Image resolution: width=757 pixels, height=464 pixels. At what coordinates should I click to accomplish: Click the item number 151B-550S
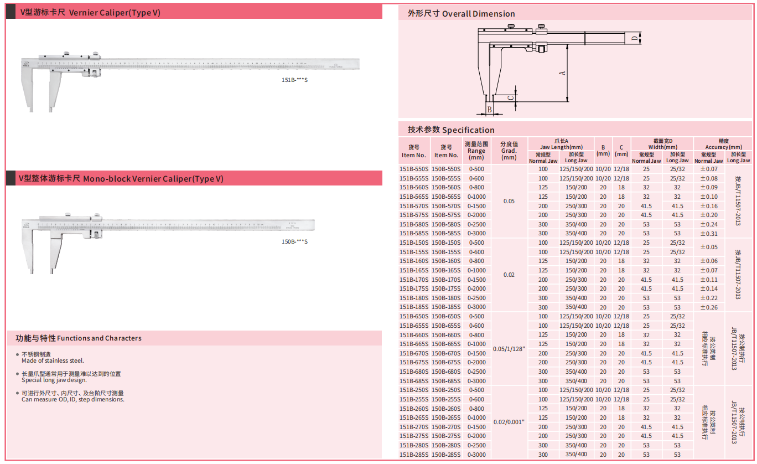[x=414, y=169]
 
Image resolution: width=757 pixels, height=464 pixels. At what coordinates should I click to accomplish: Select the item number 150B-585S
[x=445, y=233]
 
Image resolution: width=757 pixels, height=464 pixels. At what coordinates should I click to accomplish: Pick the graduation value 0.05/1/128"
[x=509, y=349]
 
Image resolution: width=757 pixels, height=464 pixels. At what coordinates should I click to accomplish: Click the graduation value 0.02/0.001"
[x=509, y=422]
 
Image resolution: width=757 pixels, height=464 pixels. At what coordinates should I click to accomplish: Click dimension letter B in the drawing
[x=489, y=110]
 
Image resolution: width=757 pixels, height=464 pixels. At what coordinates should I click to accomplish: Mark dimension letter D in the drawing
[x=634, y=38]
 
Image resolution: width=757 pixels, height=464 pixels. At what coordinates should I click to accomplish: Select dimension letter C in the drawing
[x=512, y=97]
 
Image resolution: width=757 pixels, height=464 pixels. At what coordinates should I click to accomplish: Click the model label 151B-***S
[x=294, y=80]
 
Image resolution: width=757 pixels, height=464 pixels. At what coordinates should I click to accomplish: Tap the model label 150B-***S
[x=294, y=241]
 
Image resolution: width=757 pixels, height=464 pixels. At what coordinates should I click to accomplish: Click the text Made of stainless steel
[x=53, y=360]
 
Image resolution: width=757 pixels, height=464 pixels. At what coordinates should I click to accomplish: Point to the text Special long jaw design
[x=54, y=380]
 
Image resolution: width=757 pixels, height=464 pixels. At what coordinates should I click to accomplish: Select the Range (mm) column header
[x=476, y=151]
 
